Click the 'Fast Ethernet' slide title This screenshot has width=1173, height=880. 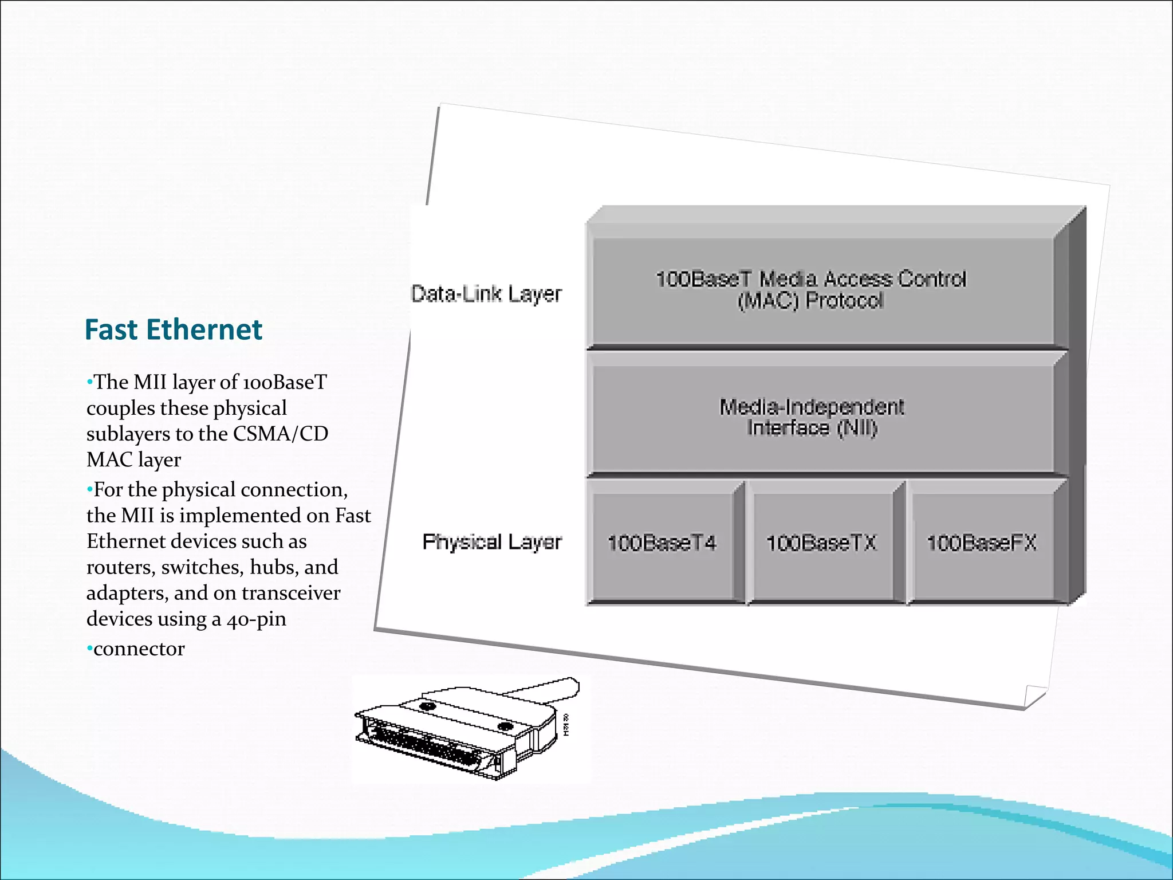coord(173,330)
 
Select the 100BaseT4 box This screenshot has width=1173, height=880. coord(662,543)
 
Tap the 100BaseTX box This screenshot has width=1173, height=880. coord(821,543)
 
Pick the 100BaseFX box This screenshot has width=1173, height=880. coord(982,543)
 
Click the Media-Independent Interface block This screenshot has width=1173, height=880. coord(812,417)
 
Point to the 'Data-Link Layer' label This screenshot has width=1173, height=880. coord(486,294)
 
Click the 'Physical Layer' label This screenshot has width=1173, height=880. coord(491,542)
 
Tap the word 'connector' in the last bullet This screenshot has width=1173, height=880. coord(139,649)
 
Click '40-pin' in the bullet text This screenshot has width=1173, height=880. coord(256,619)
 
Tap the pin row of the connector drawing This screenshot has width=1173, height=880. coord(424,745)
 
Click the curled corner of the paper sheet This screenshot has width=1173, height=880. coord(1034,697)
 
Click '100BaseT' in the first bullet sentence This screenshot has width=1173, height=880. coord(285,382)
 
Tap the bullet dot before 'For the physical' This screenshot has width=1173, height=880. coord(89,490)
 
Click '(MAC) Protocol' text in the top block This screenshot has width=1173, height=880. coord(810,300)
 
